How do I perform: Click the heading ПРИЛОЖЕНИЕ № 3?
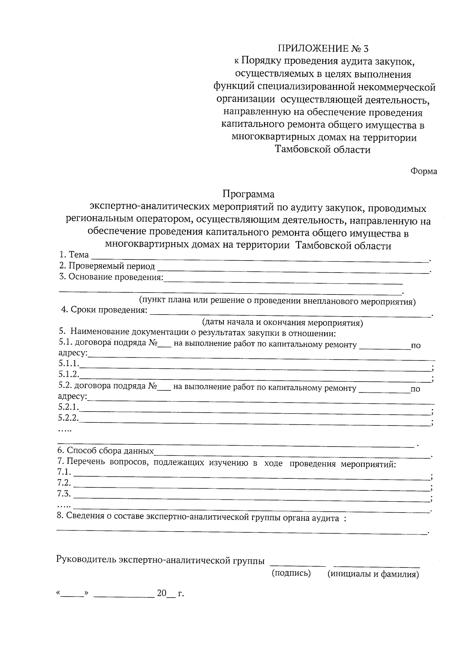click(323, 49)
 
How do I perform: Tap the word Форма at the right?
click(424, 171)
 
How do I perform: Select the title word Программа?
click(248, 194)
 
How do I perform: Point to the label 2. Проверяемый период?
click(107, 266)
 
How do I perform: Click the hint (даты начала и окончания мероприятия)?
click(282, 322)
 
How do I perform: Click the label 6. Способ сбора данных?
click(105, 451)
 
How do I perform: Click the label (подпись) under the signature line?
click(291, 573)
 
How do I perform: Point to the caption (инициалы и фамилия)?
click(373, 574)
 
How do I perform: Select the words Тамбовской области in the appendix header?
click(323, 150)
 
